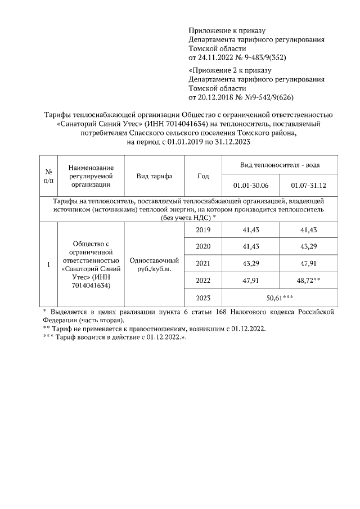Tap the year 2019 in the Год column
(203, 230)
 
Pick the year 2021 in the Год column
(203, 263)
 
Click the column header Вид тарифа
(154, 176)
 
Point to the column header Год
(203, 176)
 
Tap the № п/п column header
(48, 176)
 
